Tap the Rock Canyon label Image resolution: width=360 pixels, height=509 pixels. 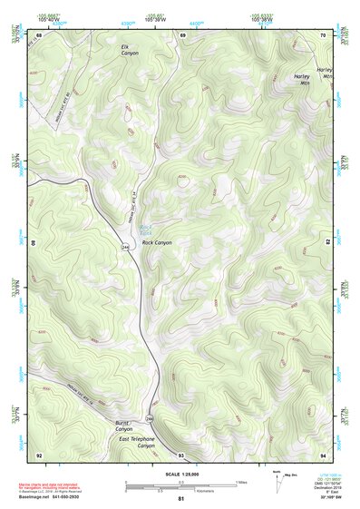(x=157, y=243)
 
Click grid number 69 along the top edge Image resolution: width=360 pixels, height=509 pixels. (x=182, y=35)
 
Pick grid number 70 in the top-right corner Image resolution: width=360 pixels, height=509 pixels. (x=324, y=35)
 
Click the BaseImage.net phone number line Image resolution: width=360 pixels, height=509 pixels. (x=51, y=497)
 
